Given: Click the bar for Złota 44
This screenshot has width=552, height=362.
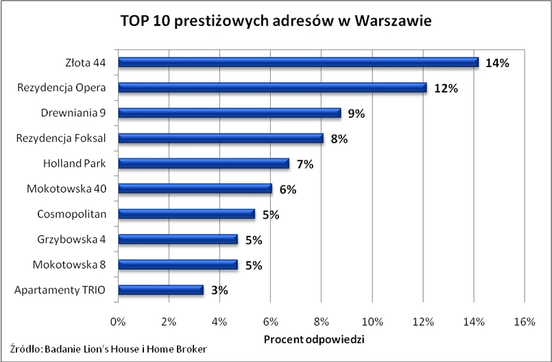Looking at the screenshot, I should click(x=298, y=62).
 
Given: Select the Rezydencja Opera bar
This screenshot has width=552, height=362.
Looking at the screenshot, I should click(x=272, y=88).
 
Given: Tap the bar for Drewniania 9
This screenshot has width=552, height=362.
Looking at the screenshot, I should click(x=229, y=113).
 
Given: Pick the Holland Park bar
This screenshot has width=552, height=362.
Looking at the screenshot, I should click(x=204, y=163).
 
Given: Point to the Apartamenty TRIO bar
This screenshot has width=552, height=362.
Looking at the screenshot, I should click(x=160, y=289).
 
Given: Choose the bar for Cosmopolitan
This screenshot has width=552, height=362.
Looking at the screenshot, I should click(x=186, y=214).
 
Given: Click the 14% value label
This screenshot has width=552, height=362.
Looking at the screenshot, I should click(x=496, y=63).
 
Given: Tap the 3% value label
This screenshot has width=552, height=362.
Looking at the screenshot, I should click(x=219, y=290).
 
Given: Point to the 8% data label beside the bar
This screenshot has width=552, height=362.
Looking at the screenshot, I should click(x=339, y=138).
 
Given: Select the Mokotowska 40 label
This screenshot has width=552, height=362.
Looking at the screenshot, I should click(x=67, y=189).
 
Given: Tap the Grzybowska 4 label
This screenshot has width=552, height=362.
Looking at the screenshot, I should click(x=72, y=239).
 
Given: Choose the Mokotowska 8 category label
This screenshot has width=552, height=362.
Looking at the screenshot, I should click(x=69, y=265).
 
